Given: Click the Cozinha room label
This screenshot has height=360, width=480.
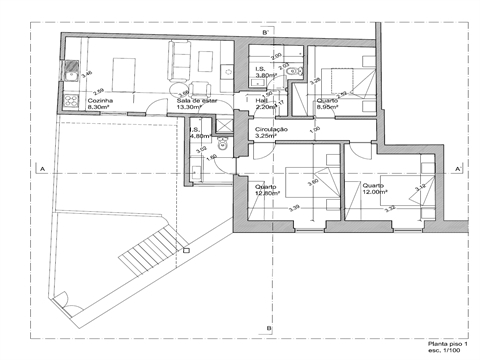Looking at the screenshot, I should click(99, 101).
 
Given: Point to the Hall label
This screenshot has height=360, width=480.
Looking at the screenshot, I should click(262, 101).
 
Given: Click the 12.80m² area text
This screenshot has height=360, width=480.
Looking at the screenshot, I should click(266, 193).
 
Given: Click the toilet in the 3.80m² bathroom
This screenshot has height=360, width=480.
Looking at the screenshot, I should click(291, 72).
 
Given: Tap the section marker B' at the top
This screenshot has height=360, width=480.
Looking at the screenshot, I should click(265, 33).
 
